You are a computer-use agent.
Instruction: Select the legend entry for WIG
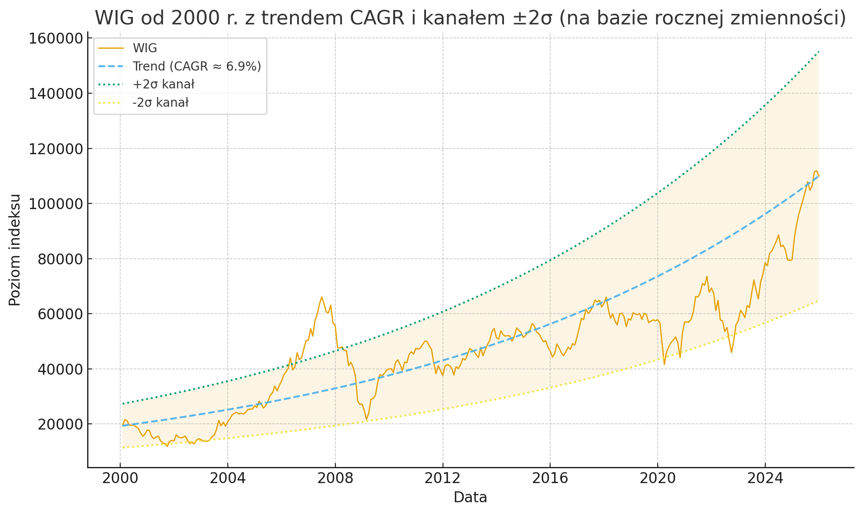tap(145, 48)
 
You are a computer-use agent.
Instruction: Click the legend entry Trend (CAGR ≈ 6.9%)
tap(196, 66)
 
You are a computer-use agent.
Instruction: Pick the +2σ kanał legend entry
tap(163, 85)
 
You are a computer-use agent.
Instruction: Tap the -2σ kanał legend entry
tap(160, 103)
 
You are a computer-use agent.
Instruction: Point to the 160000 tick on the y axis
tap(55, 39)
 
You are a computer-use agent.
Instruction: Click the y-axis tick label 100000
tap(55, 204)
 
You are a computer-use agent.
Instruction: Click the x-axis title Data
tap(470, 497)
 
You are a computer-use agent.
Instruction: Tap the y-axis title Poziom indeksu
tap(15, 250)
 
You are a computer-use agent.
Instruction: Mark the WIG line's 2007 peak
tap(321, 297)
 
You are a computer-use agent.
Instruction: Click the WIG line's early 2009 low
tap(367, 419)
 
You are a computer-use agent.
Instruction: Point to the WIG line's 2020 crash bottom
tap(664, 364)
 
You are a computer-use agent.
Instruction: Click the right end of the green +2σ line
tap(819, 52)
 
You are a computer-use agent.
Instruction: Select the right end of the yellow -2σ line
tap(819, 301)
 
